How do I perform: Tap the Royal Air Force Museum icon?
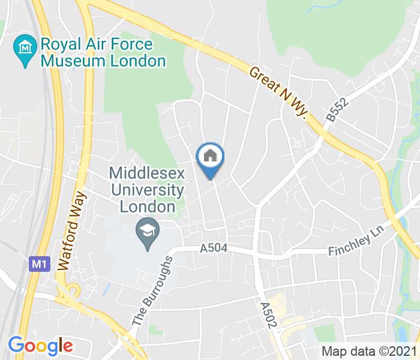pyautogui.click(x=25, y=45)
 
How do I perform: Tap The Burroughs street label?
pyautogui.click(x=152, y=291)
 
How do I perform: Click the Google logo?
pyautogui.click(x=40, y=345)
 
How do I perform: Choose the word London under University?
pyautogui.click(x=147, y=207)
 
